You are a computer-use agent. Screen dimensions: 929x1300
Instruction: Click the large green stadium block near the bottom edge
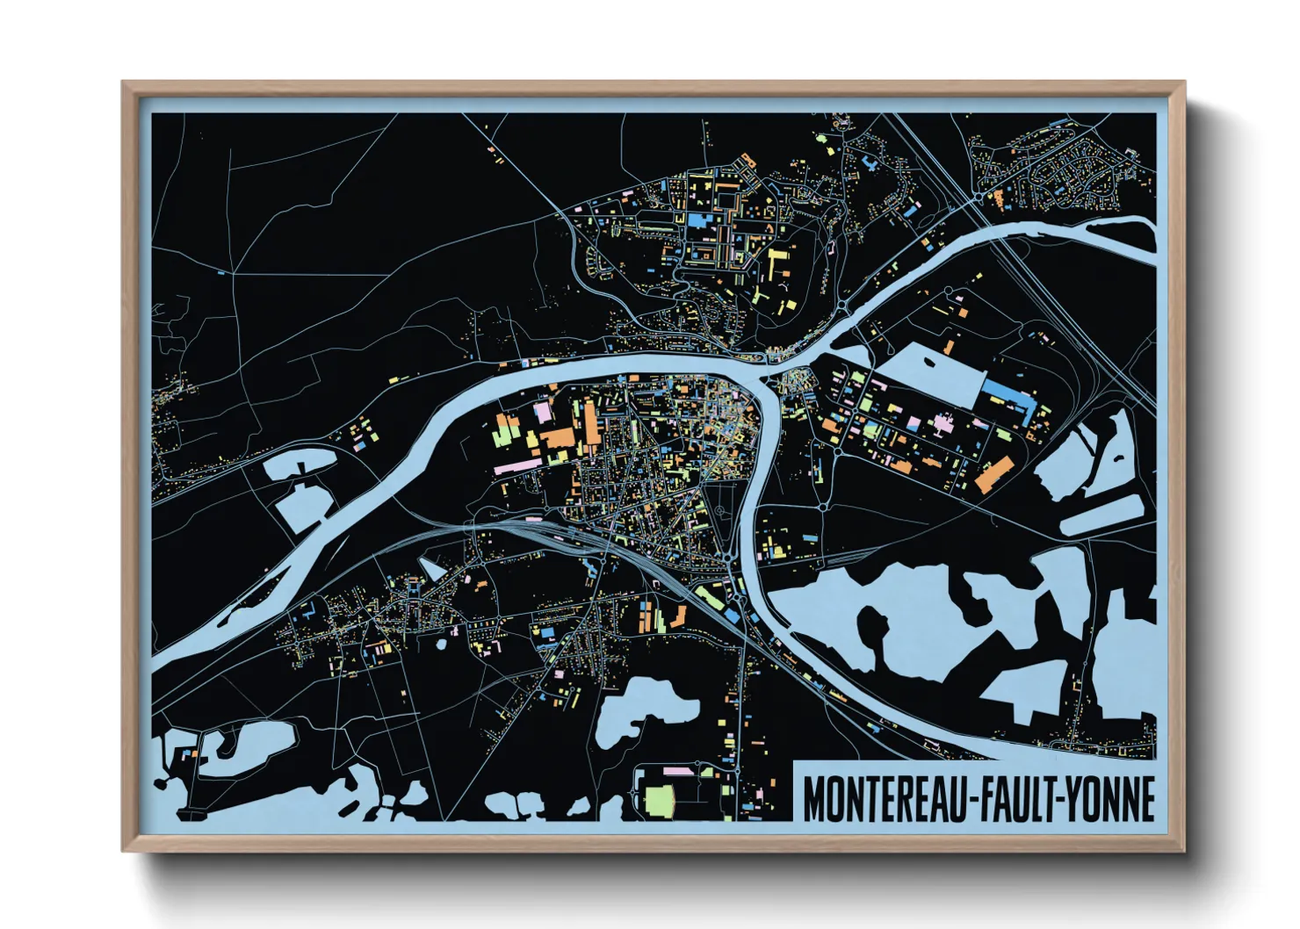[x=660, y=800]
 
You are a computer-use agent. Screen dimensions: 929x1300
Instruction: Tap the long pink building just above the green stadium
[x=677, y=772]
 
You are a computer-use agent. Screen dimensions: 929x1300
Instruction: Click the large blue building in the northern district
[x=699, y=220]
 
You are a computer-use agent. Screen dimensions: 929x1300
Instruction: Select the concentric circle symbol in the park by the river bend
[x=720, y=510]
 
